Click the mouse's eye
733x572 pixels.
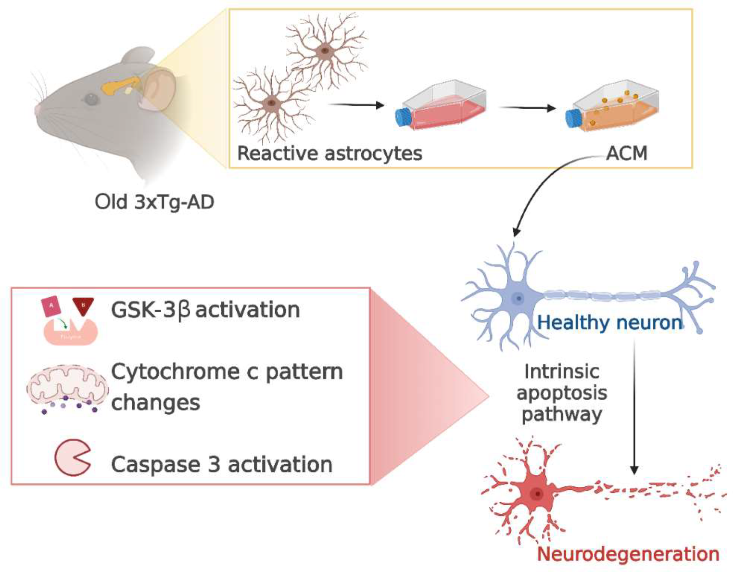click(90, 100)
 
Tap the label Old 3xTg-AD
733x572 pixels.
click(154, 202)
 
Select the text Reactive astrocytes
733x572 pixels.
click(330, 153)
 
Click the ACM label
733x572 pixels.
click(626, 153)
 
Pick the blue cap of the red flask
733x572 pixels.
click(402, 117)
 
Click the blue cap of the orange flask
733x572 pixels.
click(572, 118)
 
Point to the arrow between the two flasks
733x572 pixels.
click(527, 108)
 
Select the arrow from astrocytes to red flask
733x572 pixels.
click(356, 105)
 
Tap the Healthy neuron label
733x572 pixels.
click(609, 322)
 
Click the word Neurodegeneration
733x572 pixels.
click(628, 554)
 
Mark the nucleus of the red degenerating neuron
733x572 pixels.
click(537, 494)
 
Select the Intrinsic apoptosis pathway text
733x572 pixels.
click(562, 393)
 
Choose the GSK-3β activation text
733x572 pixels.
click(205, 309)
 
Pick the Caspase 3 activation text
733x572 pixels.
click(222, 465)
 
